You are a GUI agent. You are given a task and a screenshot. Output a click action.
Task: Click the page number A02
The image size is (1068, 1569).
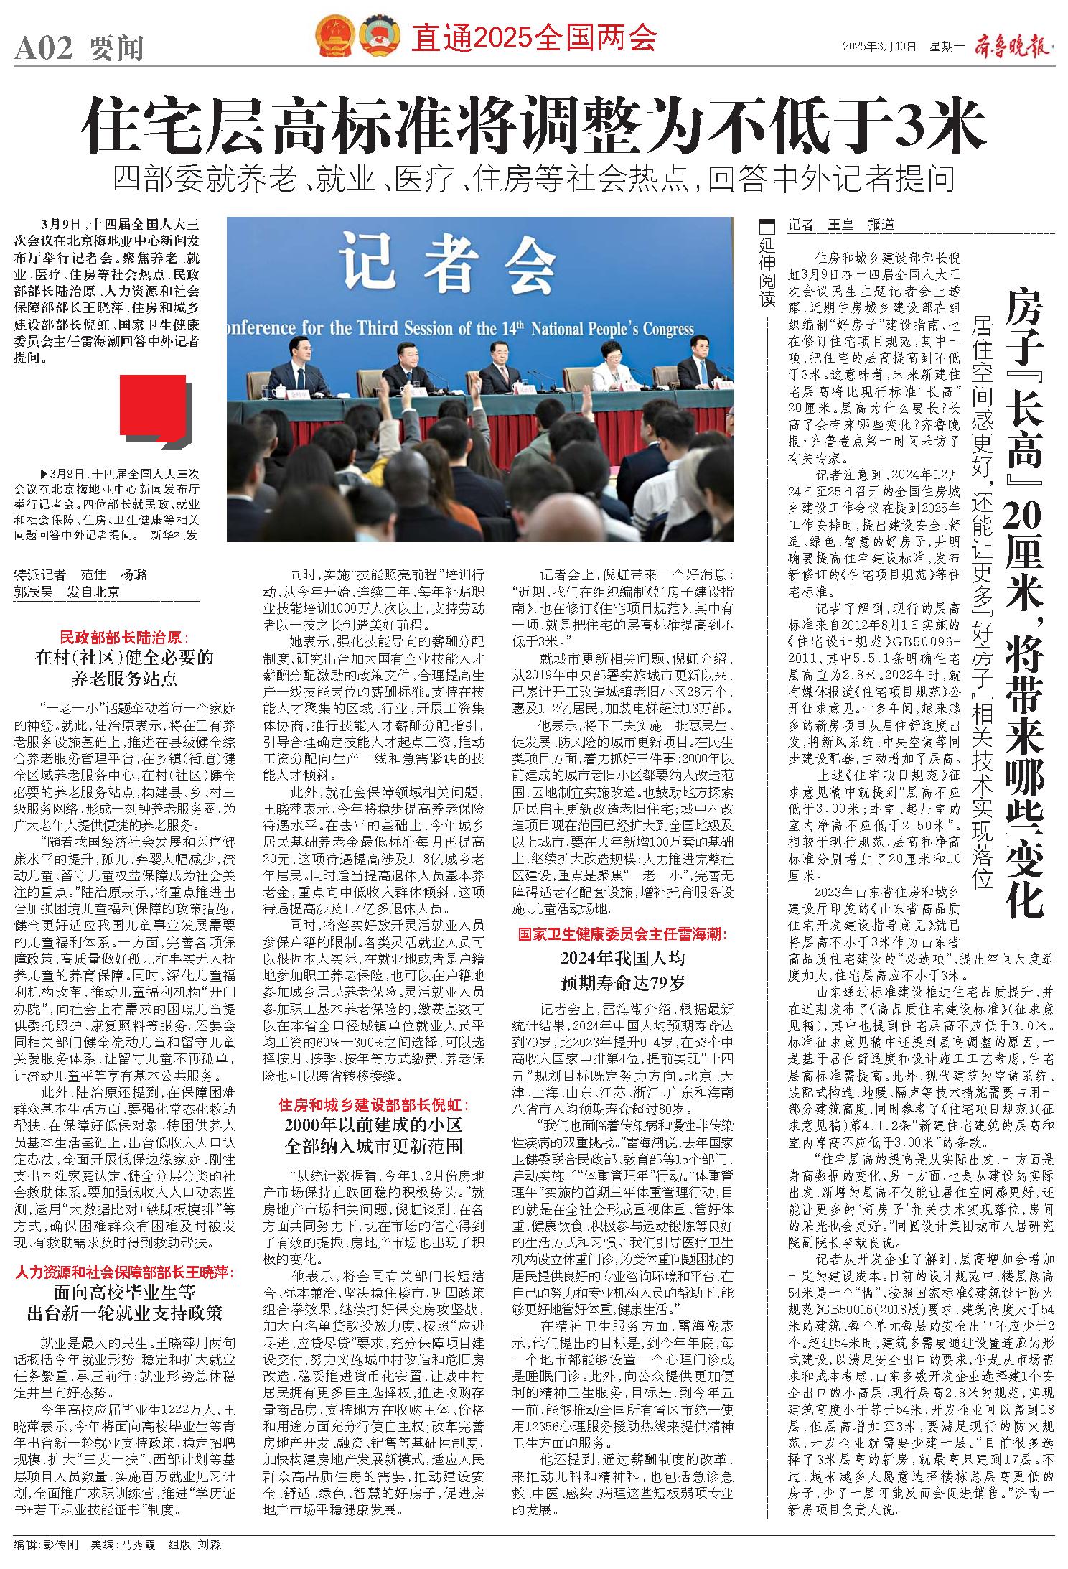pyautogui.click(x=44, y=49)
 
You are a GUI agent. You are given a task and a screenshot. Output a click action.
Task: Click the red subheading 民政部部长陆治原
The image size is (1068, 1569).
pyautogui.click(x=123, y=636)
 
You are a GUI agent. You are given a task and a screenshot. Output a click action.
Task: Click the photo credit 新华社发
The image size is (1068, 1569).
pyautogui.click(x=175, y=535)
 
